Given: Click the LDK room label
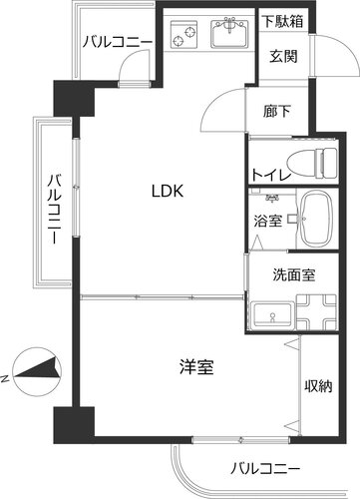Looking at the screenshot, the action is coord(168,191).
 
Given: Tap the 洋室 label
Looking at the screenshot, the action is coord(196,366).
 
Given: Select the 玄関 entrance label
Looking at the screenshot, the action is coord(283,56).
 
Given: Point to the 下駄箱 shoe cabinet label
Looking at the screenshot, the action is coord(283,21).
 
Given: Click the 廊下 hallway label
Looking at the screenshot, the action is coord(277,111).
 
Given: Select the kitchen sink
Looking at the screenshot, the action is coord(229,33).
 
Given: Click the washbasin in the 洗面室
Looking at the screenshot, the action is coord(272,314).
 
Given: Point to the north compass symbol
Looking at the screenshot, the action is coord(37,371).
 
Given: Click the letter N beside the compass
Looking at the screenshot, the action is coord(5,379).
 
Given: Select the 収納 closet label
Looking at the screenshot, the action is coord(318,386).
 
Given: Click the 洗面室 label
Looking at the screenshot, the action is coord(294,274).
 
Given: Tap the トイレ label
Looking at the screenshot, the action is coord(271,175).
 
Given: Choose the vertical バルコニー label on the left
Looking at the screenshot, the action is coord(54,210).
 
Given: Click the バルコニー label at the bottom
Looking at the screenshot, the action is coord(265,469).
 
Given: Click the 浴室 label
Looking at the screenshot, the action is coord(268,221).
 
